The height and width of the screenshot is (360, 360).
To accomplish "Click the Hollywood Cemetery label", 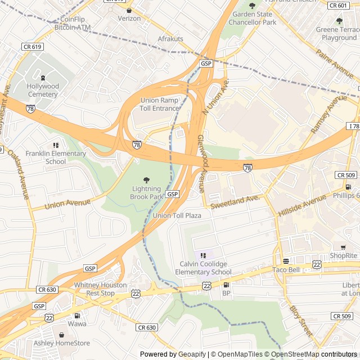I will tap(43, 90).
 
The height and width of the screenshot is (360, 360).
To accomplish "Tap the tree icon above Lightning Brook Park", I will tap(147, 180).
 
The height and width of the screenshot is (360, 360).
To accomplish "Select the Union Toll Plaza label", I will tap(177, 215).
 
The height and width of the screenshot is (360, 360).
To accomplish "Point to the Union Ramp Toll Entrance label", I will tap(159, 104).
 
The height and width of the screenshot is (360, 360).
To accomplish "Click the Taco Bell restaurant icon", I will tap(286, 261).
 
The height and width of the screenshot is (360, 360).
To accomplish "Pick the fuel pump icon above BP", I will tap(226, 285).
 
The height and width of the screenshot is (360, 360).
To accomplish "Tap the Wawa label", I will tap(77, 324).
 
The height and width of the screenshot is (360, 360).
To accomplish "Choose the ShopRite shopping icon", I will tap(343, 247).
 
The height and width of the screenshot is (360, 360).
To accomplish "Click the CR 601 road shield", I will tap(338, 5).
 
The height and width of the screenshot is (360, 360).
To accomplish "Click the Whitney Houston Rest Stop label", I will tap(94, 289).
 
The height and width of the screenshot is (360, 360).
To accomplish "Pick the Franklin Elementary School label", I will tap(56, 157).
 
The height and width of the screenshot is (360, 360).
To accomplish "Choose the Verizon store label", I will tap(129, 18).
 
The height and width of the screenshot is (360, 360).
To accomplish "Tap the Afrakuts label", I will tap(170, 39).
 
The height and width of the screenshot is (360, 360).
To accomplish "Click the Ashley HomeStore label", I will tap(62, 343).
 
